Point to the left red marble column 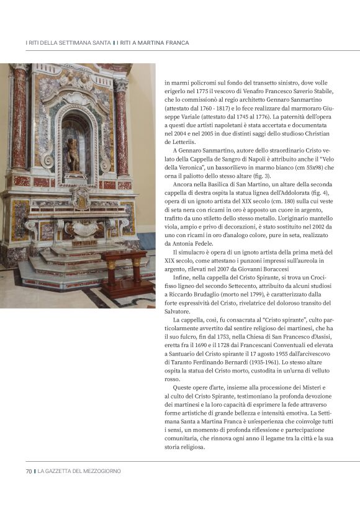pyautogui.click(x=19, y=121)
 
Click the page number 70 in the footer pyautogui.click(x=29, y=471)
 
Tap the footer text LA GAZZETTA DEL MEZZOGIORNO pyautogui.click(x=79, y=471)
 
